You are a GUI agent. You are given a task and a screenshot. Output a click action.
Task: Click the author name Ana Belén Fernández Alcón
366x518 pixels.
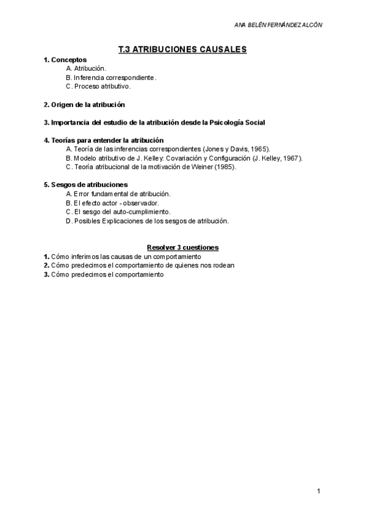[278, 24]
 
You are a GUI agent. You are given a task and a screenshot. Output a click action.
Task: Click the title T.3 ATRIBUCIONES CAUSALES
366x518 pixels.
[182, 49]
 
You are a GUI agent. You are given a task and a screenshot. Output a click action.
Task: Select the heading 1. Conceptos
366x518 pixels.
[65, 60]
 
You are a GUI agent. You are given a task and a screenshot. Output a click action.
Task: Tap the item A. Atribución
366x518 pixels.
[86, 69]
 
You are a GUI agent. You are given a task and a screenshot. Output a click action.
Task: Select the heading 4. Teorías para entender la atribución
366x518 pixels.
[104, 140]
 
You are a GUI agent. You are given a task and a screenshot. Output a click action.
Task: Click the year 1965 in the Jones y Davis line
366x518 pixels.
[257, 149]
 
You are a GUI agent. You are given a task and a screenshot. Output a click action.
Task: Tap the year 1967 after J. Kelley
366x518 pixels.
[290, 158]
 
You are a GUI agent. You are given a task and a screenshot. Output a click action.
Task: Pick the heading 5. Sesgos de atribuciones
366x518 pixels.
[85, 184]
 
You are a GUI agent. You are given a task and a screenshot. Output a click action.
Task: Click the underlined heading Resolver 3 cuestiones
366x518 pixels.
[182, 247]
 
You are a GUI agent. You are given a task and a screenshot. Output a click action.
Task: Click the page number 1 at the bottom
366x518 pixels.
[318, 491]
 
